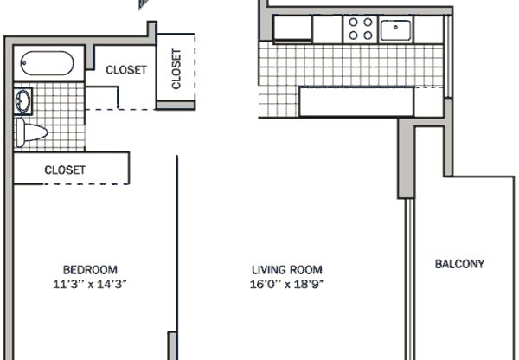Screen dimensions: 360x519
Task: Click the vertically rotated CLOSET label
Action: (x=176, y=68)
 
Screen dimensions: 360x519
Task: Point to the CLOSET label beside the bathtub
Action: (x=125, y=70)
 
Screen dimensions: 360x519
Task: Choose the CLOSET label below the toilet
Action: (x=66, y=170)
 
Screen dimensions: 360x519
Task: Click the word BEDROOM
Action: (x=90, y=268)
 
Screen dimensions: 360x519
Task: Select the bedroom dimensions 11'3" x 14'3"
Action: (x=90, y=283)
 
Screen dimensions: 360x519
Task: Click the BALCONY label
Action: (x=458, y=264)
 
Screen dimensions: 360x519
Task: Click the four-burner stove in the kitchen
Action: (x=361, y=29)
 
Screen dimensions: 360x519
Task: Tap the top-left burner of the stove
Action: (x=354, y=22)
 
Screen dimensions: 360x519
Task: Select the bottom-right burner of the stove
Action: (x=368, y=36)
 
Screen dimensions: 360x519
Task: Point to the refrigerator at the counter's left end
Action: (x=292, y=29)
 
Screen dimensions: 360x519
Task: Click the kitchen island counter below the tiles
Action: (x=355, y=101)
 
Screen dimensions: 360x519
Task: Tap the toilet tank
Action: (x=19, y=132)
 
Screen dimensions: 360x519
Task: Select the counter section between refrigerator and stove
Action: (x=328, y=29)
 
